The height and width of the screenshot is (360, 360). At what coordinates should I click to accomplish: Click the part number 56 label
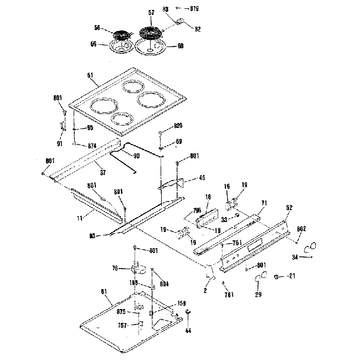tap(98, 28)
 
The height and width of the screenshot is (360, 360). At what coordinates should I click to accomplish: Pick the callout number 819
tap(195, 9)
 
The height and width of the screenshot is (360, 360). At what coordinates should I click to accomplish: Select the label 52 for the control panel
tap(289, 208)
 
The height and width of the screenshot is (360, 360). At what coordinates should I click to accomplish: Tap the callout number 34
tap(295, 257)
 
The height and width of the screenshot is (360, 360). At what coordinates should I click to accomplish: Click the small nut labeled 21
tap(276, 276)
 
